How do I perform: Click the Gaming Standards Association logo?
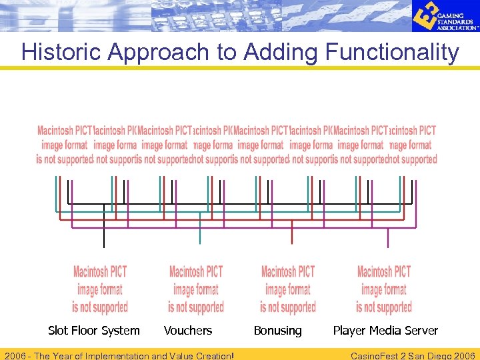pos(444,16)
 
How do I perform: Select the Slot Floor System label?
pos(94,331)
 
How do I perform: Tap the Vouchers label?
pos(188,331)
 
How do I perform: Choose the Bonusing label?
pos(277,331)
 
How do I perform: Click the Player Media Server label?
pos(385,331)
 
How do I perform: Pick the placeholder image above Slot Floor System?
pos(100,289)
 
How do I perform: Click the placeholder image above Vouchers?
pos(196,289)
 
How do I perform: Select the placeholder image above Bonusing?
pos(288,289)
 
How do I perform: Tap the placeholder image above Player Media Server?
pos(384,289)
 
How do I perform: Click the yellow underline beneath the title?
pos(240,67)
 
